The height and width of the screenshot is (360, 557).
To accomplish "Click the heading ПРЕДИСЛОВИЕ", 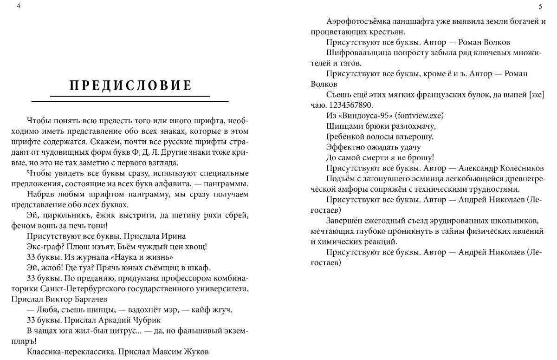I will coord(130,86).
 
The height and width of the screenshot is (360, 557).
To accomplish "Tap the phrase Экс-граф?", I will coord(46,247).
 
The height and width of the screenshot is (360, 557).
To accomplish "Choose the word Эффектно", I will coord(343,147).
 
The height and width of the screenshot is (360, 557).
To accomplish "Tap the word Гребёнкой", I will coord(344,137).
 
